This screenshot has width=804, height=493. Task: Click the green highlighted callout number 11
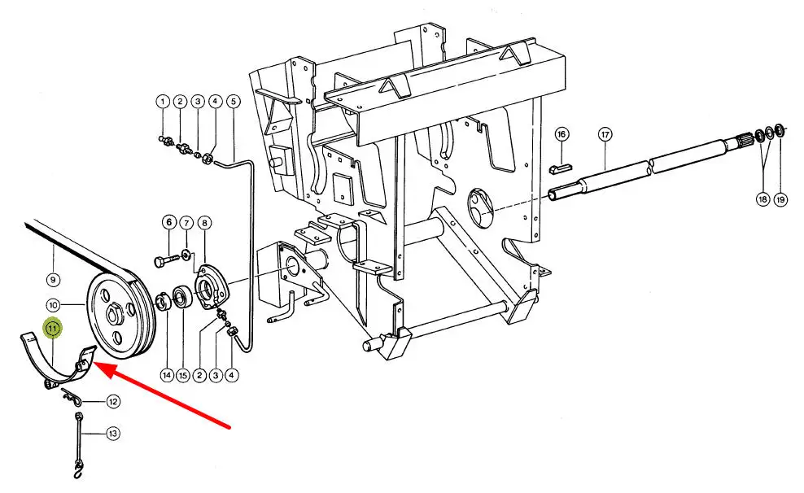pos(53,328)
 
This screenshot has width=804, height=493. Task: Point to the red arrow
pos(163,394)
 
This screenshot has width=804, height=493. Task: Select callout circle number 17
pos(605,135)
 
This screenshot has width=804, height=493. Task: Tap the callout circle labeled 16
pos(561,134)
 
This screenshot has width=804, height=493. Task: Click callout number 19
pos(780,199)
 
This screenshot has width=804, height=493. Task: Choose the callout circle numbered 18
pos(763,199)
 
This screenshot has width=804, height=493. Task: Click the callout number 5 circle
pos(233,102)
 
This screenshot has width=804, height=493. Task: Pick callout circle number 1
pos(163,102)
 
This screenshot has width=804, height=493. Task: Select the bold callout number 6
pos(169,222)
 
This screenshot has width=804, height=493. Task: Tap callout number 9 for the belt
pos(53,280)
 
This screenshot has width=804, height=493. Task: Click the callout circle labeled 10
pos(53,305)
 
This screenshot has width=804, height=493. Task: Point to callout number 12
pos(113,402)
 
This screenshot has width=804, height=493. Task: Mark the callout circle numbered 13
pos(113,434)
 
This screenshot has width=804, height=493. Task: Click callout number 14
pos(167,375)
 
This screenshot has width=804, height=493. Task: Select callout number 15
pos(183,375)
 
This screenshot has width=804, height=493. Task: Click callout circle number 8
pos(204,223)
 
